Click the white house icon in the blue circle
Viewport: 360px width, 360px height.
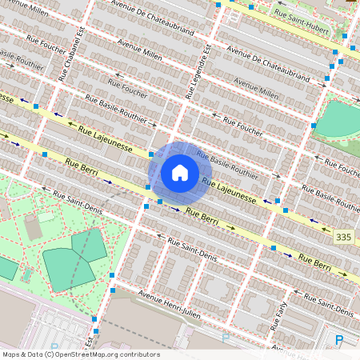(180, 172)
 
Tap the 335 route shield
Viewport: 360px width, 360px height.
(344, 237)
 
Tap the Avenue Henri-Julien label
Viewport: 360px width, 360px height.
(170, 302)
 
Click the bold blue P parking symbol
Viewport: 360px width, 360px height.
(339, 342)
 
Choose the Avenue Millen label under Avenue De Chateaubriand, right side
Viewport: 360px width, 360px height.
(256, 88)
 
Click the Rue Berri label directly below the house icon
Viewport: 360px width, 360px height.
(202, 214)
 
